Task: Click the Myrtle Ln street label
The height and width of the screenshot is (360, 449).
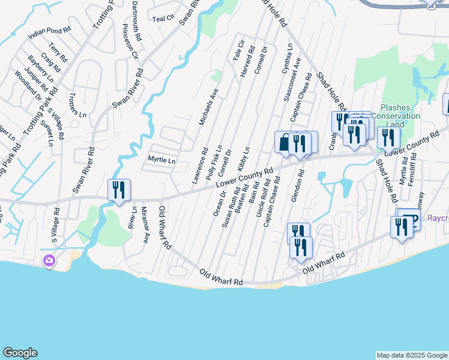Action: (x=161, y=161)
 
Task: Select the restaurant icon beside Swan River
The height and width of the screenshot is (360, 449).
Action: (x=118, y=190)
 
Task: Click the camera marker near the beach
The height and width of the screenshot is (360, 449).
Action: (x=49, y=261)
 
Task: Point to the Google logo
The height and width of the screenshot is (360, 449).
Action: (x=20, y=353)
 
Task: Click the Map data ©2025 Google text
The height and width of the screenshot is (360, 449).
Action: (x=412, y=355)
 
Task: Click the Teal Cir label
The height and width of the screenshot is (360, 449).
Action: (x=162, y=19)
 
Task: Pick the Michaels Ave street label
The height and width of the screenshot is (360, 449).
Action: (x=209, y=107)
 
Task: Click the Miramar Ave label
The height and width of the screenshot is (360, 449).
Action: (x=145, y=224)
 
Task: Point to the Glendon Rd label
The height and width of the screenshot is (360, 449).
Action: (x=297, y=186)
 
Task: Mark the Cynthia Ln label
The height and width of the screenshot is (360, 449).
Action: (x=286, y=59)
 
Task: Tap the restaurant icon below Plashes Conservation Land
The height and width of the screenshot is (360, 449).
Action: (x=389, y=137)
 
